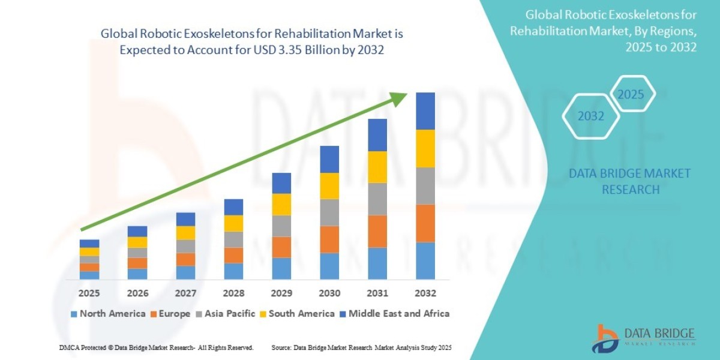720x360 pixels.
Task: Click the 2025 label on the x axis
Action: pos(89,293)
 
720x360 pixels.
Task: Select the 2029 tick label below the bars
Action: pos(281,293)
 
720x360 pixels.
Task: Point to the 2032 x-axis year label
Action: pos(425,293)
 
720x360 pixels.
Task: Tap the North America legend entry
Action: pos(107,313)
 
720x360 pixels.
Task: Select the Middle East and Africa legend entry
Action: pos(396,313)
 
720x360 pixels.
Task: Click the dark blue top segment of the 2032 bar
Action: pos(425,111)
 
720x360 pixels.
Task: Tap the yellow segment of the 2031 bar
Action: pos(377,167)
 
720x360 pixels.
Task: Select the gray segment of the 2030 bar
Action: pos(329,212)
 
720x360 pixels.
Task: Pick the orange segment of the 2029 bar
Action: pos(281,247)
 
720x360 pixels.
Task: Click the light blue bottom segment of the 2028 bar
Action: pos(233,271)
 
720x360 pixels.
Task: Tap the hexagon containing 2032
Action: pos(590,116)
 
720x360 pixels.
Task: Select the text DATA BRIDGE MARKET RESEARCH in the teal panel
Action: pos(629,181)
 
